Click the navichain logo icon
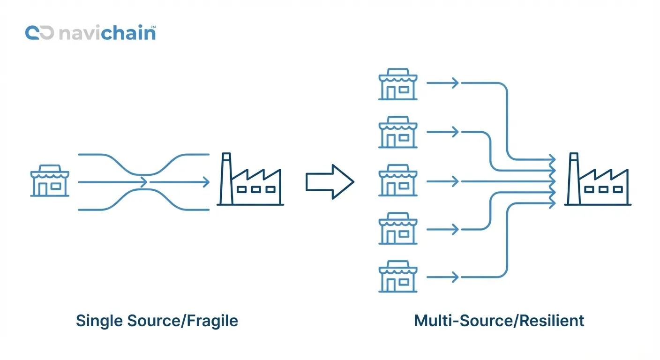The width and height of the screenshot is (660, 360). tap(39, 33)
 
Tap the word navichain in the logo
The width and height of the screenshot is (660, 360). tap(107, 33)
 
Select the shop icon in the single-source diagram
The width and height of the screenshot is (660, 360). tap(50, 181)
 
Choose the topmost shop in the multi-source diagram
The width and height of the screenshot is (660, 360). tap(397, 85)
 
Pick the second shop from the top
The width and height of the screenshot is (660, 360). tap(397, 133)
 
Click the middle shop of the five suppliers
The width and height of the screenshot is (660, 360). tap(397, 181)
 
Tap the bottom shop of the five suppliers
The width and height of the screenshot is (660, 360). tap(397, 277)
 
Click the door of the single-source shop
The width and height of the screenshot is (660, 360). tap(43, 188)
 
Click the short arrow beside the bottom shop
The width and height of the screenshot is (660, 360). tap(442, 277)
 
